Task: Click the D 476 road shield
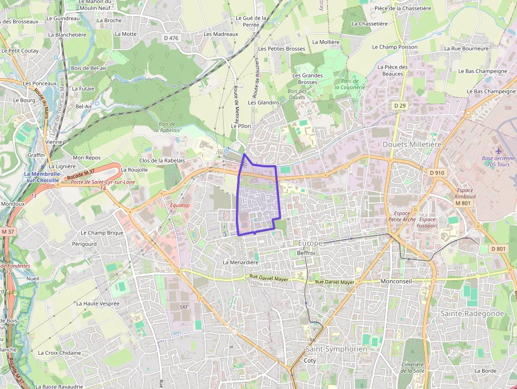point(171,37)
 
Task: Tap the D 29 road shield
point(400,106)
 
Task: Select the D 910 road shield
point(437,173)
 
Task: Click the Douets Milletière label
point(412,144)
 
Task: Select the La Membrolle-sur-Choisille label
point(43,177)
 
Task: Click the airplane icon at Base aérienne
point(499,151)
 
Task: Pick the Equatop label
point(180,205)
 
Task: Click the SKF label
point(184,307)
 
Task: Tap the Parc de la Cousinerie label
point(349,84)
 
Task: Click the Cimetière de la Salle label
point(412,367)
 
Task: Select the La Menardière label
point(241,262)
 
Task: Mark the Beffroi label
point(306,253)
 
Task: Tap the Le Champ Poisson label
point(395,47)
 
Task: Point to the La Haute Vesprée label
point(98,303)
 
